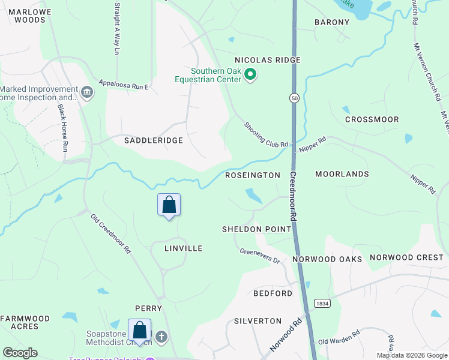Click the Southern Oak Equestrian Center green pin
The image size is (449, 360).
click(251, 75)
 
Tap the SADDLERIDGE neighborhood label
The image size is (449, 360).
click(153, 140)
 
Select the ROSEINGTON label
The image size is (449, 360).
click(252, 175)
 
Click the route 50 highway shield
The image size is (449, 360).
click(294, 98)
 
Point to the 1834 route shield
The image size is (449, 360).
click(321, 304)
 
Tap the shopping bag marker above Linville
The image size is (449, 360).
click(169, 205)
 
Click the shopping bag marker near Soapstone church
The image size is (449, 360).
click(140, 331)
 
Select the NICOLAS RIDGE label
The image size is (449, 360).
click(267, 61)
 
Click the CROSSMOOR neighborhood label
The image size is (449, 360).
click(372, 119)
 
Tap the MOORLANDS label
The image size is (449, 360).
click(342, 174)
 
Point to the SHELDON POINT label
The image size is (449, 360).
click(256, 229)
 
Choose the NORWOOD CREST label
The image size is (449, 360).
click(406, 257)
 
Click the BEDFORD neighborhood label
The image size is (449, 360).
click(273, 293)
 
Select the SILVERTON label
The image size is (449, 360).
click(258, 321)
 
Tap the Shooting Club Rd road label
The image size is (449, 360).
click(266, 136)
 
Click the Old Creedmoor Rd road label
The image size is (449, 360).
click(110, 233)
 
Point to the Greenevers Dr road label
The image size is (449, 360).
click(260, 256)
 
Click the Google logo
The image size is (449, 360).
click(20, 353)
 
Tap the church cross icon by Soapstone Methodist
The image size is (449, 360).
click(161, 337)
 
